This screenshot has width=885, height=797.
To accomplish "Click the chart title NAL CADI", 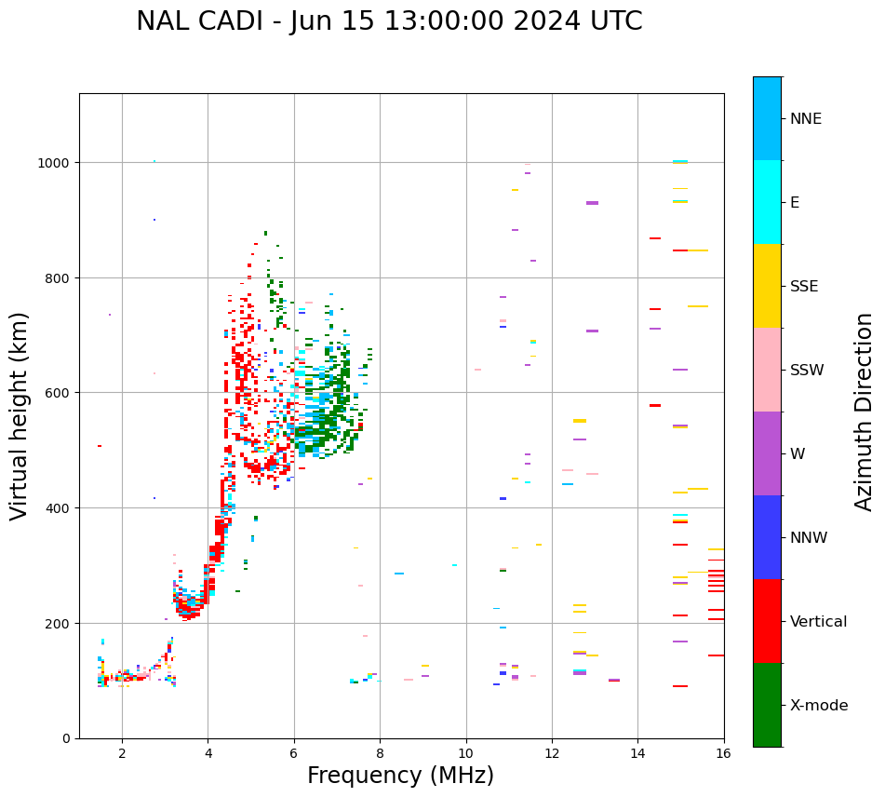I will pos(389,21).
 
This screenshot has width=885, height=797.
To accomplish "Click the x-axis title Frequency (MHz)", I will pos(400,776).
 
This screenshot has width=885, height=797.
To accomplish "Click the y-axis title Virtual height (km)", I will pos(20,415).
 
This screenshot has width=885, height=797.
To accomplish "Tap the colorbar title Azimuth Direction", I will pos(865,412).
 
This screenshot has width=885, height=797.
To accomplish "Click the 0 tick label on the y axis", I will pos(67,738).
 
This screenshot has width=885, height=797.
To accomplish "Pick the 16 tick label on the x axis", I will pos(723,754).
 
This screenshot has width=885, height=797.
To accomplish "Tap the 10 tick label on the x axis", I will pos(466,754).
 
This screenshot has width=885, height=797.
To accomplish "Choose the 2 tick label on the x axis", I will pos(122,754).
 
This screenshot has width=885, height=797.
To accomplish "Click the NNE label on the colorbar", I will pos(806,119).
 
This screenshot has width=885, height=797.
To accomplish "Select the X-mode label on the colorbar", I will pos(819,706).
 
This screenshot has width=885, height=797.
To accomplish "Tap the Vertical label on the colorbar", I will pos(819,622).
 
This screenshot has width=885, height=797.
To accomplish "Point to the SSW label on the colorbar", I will pos(807,371).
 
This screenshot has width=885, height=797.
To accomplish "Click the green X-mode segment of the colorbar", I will pos(767,705).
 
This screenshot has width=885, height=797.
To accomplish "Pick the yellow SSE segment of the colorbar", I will pos(767,286).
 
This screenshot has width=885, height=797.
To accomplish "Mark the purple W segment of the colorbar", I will pos(767,453).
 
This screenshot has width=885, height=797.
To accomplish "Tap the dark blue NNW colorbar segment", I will pos(767,537).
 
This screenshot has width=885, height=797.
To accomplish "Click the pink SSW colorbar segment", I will pos(767,370).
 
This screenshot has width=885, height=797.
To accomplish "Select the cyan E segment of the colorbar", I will pos(767,202).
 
